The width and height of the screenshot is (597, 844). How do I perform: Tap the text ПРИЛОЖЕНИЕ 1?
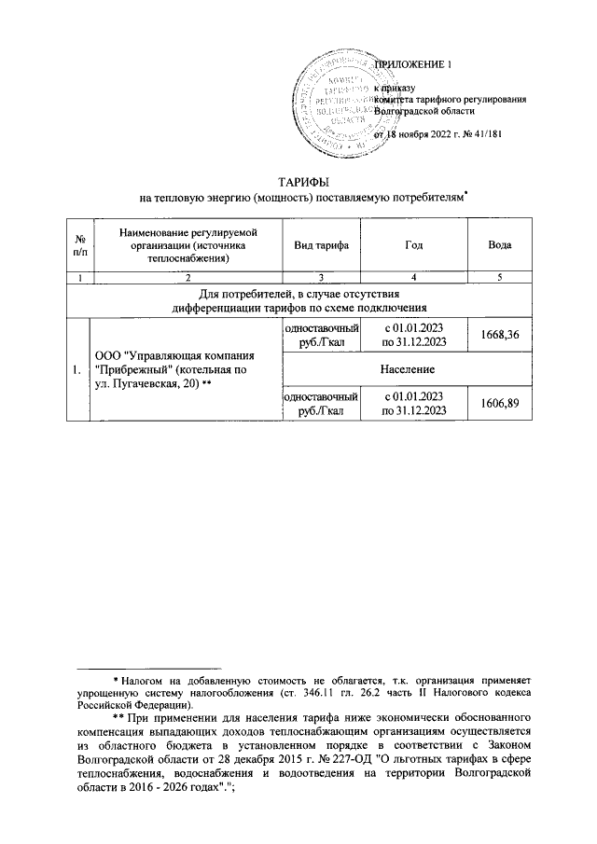411,64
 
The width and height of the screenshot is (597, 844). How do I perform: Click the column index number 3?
321,277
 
